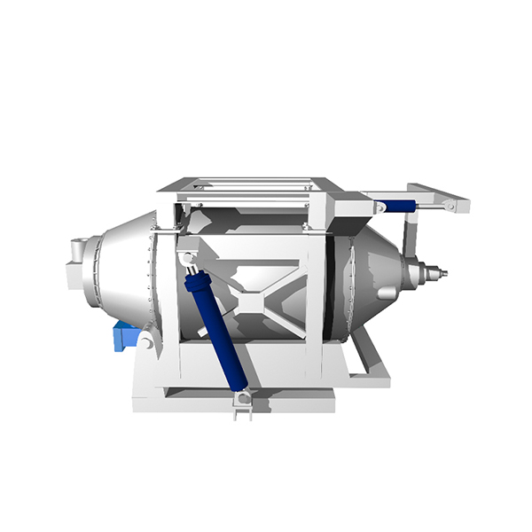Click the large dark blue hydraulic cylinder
[216, 331]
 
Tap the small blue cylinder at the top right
[401, 206]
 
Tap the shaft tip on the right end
[440, 273]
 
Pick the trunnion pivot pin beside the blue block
[145, 341]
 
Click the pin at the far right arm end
[450, 206]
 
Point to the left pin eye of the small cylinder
[380, 207]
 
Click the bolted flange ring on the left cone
[152, 275]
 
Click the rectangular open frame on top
[250, 187]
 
